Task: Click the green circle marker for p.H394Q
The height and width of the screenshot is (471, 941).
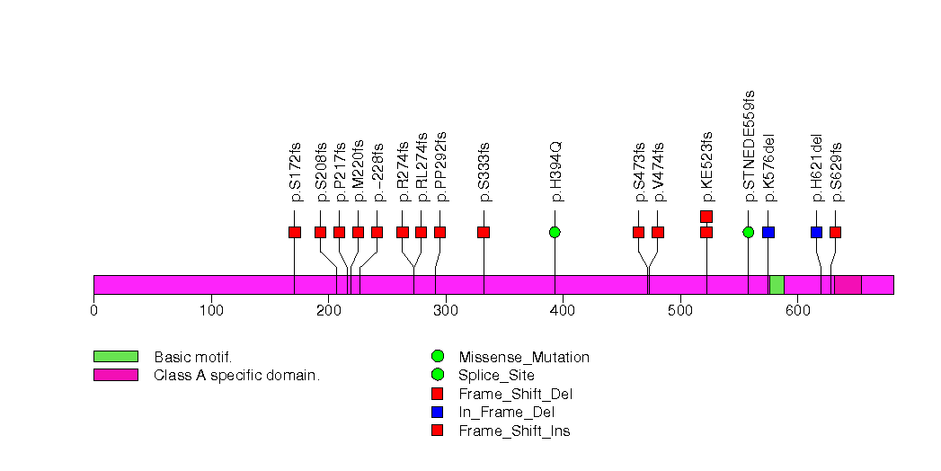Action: [x=555, y=232]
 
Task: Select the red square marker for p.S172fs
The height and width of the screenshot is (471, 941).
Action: [x=295, y=232]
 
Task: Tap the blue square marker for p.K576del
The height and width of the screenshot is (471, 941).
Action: [x=768, y=232]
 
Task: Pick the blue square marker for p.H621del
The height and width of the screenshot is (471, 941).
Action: [x=816, y=232]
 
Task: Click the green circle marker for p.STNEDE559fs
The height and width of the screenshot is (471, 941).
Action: [x=749, y=232]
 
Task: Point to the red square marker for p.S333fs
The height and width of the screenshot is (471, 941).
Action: [x=484, y=232]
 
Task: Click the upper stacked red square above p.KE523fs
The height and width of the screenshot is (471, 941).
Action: [x=706, y=216]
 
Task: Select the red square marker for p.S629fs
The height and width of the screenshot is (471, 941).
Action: [x=835, y=232]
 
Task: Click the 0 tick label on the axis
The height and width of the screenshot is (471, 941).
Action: [x=93, y=312]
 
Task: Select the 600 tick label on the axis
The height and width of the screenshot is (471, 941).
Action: [x=796, y=312]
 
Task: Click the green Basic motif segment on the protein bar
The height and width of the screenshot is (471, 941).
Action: [x=777, y=284]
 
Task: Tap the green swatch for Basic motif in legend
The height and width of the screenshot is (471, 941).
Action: [x=115, y=357]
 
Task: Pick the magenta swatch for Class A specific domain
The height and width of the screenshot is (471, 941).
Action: [x=115, y=375]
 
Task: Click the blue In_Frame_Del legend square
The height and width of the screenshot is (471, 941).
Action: [x=438, y=413]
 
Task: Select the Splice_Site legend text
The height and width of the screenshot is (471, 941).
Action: [x=496, y=376]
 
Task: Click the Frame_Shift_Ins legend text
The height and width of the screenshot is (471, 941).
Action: [x=514, y=431]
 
